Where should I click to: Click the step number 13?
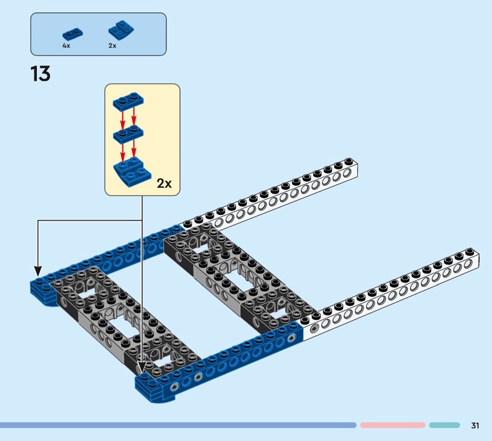[x=41, y=74]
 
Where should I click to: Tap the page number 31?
[x=475, y=425]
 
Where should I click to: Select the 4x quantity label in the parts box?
[x=66, y=46]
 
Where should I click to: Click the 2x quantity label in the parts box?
[x=113, y=46]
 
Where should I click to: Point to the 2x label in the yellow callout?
[x=164, y=184]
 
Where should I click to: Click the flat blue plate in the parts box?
[x=73, y=34]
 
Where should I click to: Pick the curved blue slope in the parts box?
[x=121, y=31]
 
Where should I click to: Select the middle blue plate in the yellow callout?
[x=129, y=135]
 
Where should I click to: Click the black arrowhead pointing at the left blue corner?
[x=38, y=271]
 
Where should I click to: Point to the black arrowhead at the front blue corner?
[x=142, y=369]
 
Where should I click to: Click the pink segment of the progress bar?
[x=392, y=425]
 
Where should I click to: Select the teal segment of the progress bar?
[x=444, y=425]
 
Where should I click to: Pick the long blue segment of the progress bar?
[x=178, y=425]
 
